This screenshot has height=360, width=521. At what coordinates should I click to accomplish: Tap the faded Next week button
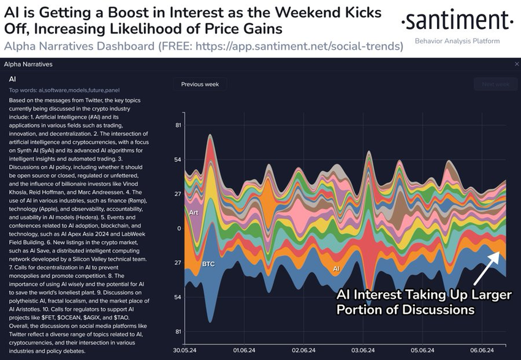pos(495,85)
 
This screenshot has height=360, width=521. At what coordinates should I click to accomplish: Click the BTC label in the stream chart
pos(208,264)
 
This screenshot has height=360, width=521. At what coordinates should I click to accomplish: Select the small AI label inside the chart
pos(336,269)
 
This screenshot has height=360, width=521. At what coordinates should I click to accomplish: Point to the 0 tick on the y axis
pos(178,229)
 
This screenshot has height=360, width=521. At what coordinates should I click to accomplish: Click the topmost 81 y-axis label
pos(178,125)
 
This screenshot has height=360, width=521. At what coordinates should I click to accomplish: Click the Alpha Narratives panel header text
pos(28,64)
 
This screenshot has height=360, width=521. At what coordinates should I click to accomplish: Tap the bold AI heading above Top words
pos(12,79)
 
